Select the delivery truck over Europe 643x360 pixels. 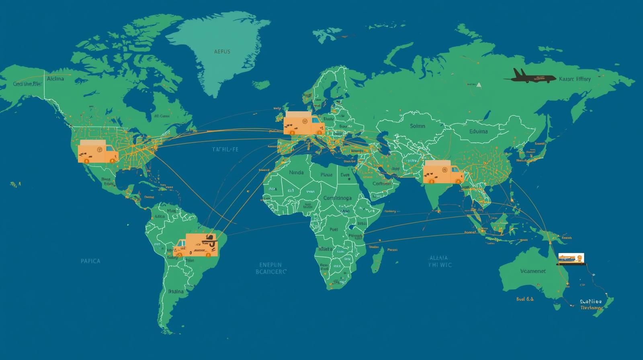[303, 123]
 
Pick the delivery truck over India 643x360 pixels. [442, 172]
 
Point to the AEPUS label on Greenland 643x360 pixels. [222, 52]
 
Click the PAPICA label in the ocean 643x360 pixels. [90, 261]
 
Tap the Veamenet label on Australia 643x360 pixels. [533, 271]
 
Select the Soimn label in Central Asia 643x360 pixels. [417, 126]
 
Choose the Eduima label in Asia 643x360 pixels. [478, 131]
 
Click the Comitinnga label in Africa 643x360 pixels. [337, 198]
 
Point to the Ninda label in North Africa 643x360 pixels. [296, 173]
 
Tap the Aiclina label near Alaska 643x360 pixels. [55, 79]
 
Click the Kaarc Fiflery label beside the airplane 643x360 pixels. [575, 79]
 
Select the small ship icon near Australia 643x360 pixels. [571, 259]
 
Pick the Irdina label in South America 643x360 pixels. [176, 291]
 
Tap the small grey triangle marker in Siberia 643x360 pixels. [478, 85]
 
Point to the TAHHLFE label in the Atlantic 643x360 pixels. [225, 149]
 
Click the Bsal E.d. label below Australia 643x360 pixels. [525, 299]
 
